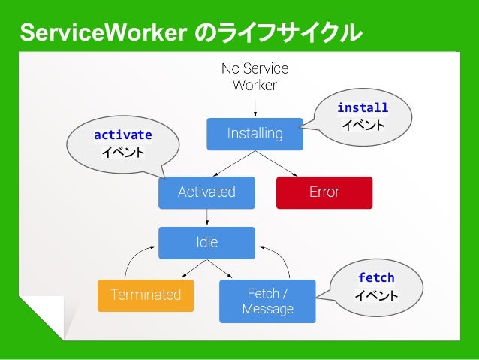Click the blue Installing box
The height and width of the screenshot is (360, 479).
click(x=255, y=134)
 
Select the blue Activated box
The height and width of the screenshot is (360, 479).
click(x=206, y=192)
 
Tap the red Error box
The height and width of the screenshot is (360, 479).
click(x=324, y=192)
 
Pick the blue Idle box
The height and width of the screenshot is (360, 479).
click(x=206, y=243)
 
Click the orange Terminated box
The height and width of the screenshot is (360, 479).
click(x=146, y=295)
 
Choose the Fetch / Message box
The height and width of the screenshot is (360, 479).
click(x=267, y=301)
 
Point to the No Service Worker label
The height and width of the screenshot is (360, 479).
click(x=255, y=77)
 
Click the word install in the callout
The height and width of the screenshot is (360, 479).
click(x=363, y=108)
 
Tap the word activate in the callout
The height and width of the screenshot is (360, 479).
click(x=122, y=135)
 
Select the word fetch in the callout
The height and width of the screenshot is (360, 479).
click(x=376, y=277)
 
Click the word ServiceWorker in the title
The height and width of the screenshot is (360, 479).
click(x=103, y=34)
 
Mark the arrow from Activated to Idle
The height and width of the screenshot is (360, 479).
click(x=206, y=218)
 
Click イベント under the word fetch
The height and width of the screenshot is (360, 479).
click(x=376, y=296)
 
